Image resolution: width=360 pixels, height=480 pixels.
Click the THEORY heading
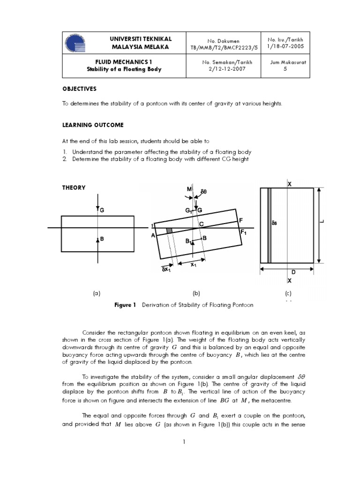[74, 187]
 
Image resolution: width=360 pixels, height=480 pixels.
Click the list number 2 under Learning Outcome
[65, 159]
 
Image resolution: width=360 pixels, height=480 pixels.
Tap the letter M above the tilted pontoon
[189, 189]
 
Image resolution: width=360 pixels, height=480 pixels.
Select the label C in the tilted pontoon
[202, 225]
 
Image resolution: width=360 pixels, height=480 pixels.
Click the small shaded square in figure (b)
[170, 231]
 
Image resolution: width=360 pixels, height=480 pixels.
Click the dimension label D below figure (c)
[293, 272]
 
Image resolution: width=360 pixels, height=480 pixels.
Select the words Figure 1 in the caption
[125, 305]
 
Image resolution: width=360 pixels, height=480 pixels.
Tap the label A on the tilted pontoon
[153, 236]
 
